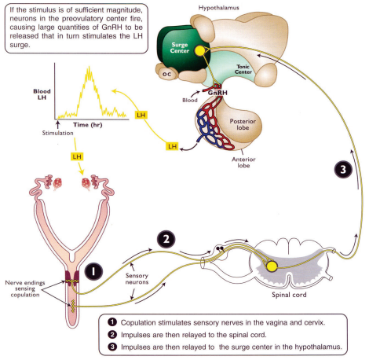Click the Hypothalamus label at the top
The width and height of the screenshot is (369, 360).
click(x=218, y=8)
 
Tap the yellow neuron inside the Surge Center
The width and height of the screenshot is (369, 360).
click(x=200, y=51)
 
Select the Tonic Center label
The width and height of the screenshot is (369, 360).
click(x=243, y=69)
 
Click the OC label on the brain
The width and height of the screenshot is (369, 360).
click(x=166, y=75)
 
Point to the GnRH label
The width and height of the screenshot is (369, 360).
click(x=217, y=93)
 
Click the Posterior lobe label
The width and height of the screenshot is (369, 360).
click(x=243, y=124)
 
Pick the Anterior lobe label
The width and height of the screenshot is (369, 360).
click(x=243, y=163)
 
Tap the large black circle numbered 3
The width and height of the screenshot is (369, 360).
click(x=343, y=169)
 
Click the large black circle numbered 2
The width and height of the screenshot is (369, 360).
click(x=166, y=239)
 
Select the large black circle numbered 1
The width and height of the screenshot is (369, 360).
click(x=93, y=271)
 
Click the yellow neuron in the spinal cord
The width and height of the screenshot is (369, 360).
click(x=272, y=266)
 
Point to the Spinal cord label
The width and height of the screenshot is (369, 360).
click(x=289, y=295)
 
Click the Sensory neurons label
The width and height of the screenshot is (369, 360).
click(x=137, y=279)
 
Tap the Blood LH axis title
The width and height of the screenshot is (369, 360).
click(x=42, y=94)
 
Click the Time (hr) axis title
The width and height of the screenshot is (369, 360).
click(x=87, y=125)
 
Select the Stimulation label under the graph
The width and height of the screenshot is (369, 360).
click(x=57, y=133)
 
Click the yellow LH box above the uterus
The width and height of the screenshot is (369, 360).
click(x=77, y=156)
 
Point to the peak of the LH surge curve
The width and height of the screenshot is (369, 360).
click(x=89, y=67)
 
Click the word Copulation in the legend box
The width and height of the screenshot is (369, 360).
click(x=137, y=322)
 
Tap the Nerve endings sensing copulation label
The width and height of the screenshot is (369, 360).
click(x=25, y=288)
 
